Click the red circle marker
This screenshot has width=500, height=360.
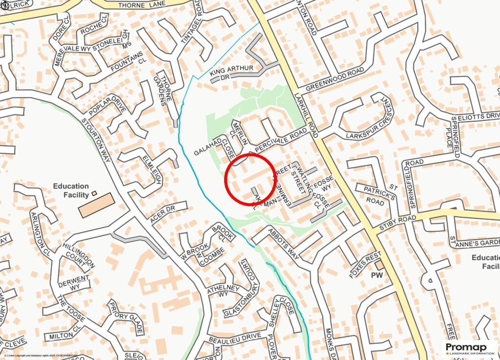(x=250, y=179)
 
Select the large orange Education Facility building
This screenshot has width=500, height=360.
(x=96, y=205)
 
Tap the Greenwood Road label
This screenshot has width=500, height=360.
(x=335, y=80)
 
